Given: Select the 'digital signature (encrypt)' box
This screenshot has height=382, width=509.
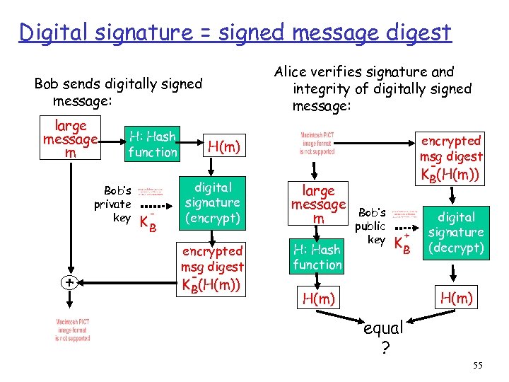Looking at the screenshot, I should (x=212, y=203).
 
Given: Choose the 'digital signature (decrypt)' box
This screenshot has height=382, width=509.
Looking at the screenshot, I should (x=456, y=233).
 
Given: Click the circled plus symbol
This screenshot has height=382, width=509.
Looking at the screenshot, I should (x=69, y=282).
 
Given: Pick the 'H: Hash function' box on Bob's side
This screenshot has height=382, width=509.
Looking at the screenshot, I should (x=153, y=144).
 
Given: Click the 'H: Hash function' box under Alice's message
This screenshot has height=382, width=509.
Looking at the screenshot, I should (x=317, y=257).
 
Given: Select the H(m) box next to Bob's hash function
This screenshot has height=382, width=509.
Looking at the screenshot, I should (x=223, y=146).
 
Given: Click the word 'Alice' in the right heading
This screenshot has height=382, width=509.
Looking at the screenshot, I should (x=292, y=72).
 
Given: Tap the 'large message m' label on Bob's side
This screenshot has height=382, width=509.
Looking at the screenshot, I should (x=70, y=139).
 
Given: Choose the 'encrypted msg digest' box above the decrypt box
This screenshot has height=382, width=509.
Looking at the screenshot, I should (x=450, y=157).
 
